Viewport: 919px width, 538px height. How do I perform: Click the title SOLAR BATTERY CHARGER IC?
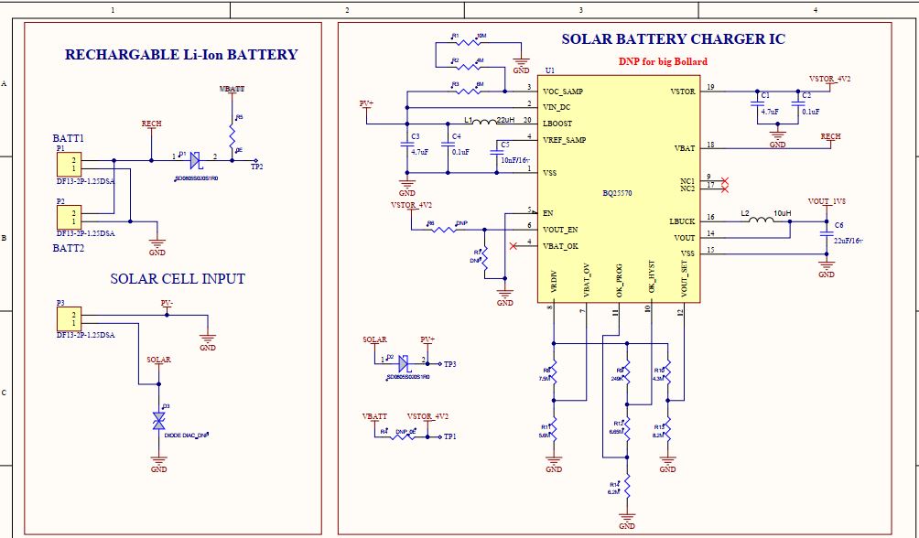coord(673,39)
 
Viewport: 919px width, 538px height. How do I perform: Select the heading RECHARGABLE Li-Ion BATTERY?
coord(181,55)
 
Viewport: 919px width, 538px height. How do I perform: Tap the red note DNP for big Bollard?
coord(663,61)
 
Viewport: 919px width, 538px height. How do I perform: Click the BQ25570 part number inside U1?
coord(617,193)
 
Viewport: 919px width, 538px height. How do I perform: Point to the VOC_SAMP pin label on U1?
coord(563,91)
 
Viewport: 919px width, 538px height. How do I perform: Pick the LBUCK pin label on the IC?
coord(682,221)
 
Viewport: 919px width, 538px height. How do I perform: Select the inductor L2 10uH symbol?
coord(756,221)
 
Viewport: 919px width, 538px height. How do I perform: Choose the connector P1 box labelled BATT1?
coord(67,164)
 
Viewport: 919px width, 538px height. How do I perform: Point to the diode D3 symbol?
coord(157,421)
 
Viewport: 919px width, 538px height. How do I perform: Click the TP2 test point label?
coord(257,167)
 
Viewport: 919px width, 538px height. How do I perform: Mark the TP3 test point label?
coord(449,364)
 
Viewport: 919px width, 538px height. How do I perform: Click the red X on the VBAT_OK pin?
coord(513,245)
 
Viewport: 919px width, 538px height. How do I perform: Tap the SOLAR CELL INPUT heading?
coord(178,278)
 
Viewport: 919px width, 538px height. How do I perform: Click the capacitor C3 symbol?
coord(406,145)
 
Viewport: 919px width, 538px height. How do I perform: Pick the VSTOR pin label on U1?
coord(683,91)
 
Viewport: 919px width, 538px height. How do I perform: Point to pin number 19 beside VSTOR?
coord(710,87)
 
